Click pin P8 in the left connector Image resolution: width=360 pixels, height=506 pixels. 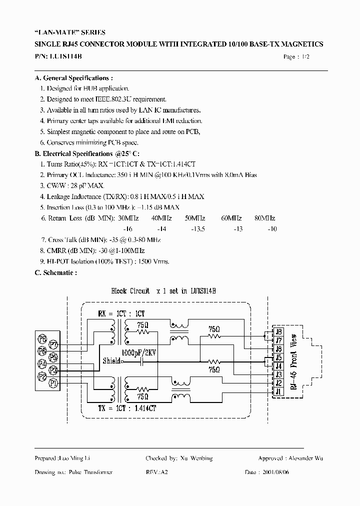pos(43,339)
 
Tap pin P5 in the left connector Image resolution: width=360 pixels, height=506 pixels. pos(53,357)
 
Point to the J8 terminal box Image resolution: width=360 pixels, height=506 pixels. pos(278,331)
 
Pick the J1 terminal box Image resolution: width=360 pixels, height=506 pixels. pos(278,391)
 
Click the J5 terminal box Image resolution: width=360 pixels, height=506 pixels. pos(278,357)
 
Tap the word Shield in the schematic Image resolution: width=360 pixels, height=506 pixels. pos(111,361)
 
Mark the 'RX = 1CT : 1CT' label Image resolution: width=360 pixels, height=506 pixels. pos(121,314)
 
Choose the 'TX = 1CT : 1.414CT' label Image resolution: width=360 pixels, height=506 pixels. pos(127,408)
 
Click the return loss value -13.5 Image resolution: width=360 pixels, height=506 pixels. pos(198,228)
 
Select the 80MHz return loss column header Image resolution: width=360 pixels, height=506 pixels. pos(264,218)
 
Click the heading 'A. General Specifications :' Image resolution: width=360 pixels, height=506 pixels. pos(73,78)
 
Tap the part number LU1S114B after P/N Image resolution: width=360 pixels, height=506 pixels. pos(66,56)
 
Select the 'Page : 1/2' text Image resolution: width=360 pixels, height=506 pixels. pos(296,57)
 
